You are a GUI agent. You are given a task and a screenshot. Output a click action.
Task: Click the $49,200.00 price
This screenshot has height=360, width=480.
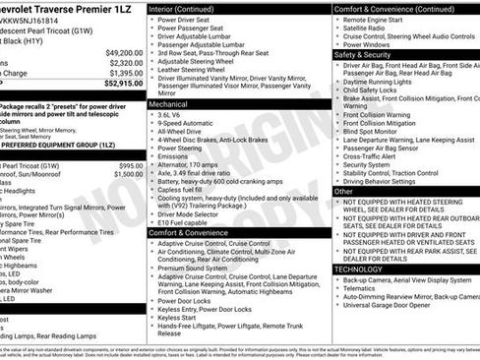pos(124,52)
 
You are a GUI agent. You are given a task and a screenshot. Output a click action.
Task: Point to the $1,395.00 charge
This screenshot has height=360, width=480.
pos(126,73)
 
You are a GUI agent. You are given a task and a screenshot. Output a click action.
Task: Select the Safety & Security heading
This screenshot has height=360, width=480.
pos(362,55)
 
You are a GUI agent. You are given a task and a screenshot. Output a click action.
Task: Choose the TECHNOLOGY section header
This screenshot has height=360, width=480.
pos(359,268)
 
